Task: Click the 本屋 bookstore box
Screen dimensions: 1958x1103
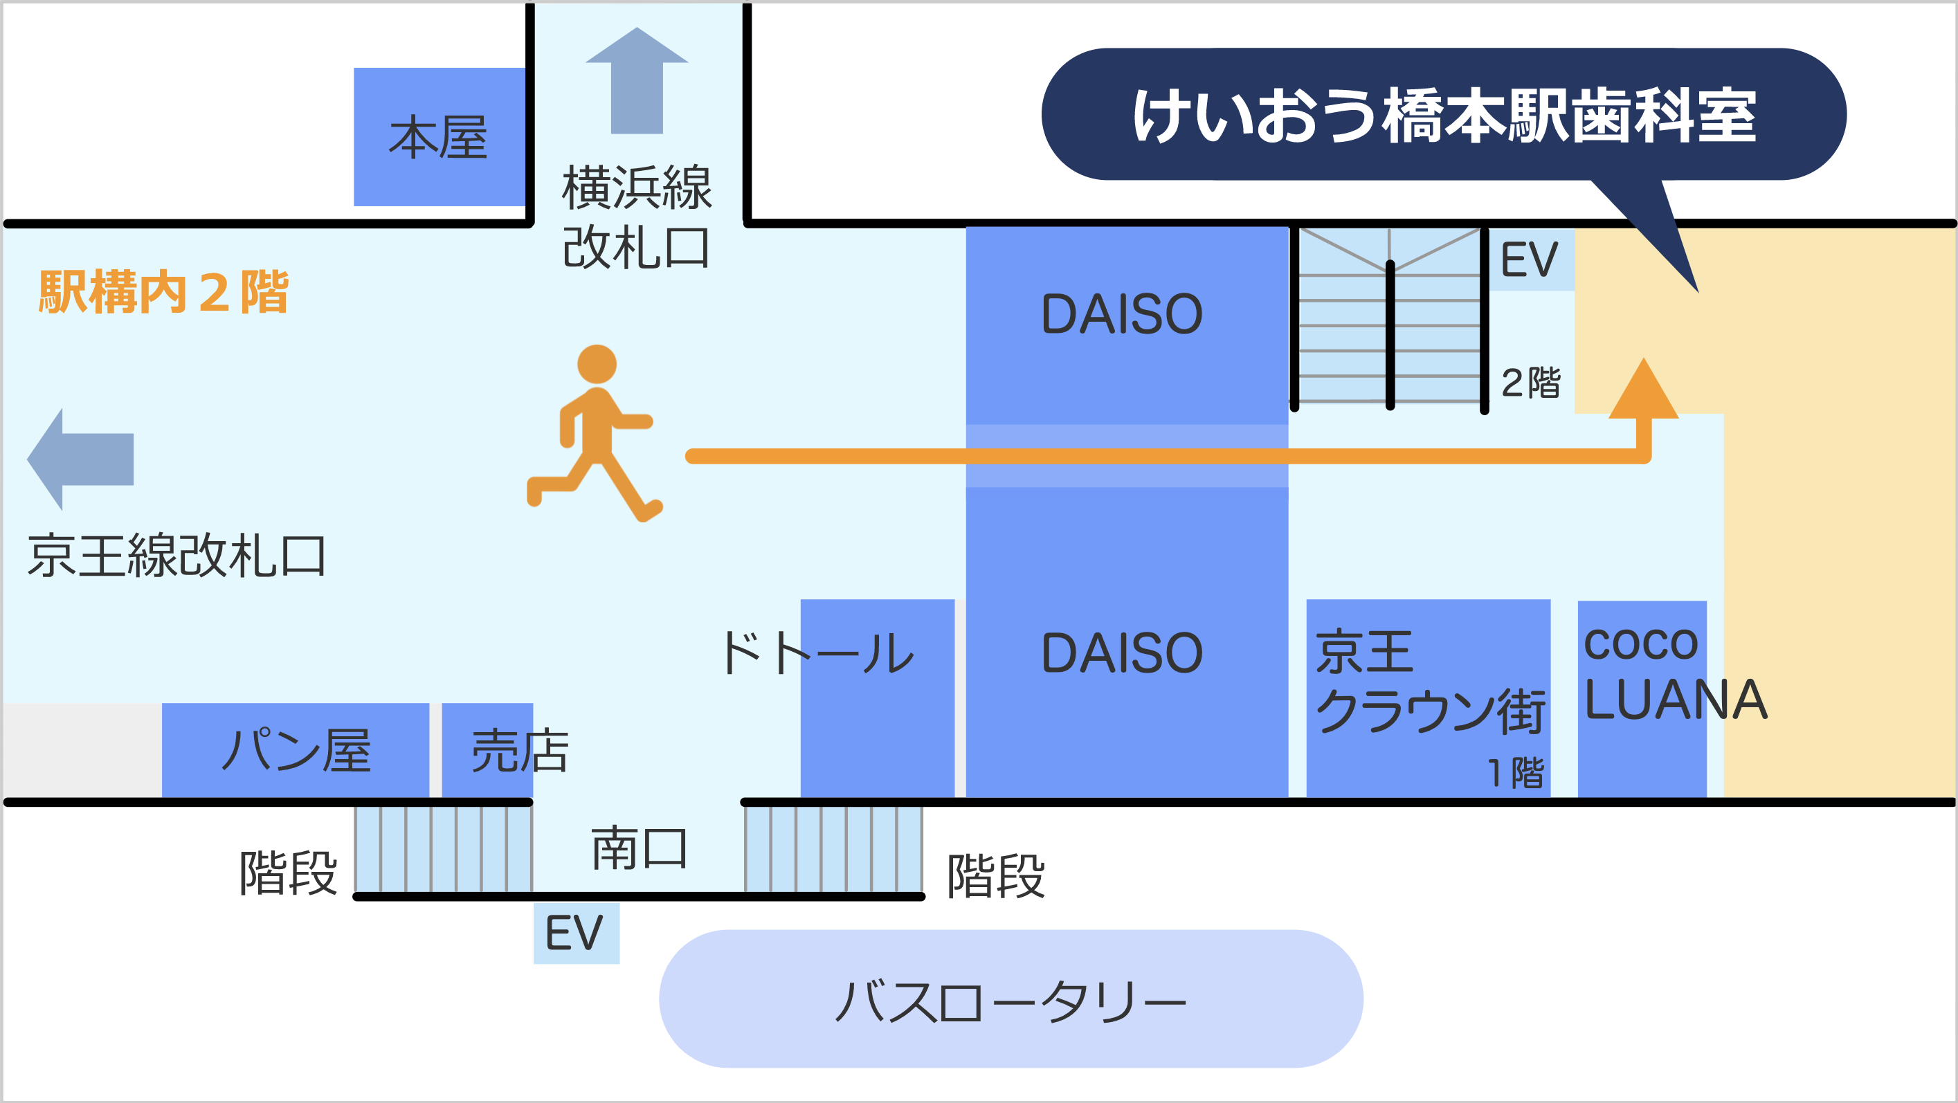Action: pyautogui.click(x=439, y=137)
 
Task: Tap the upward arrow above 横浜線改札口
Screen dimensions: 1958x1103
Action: pyautogui.click(x=637, y=80)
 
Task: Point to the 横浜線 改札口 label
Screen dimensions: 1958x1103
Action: pyautogui.click(x=637, y=217)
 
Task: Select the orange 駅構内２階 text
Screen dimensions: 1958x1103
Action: pyautogui.click(x=163, y=291)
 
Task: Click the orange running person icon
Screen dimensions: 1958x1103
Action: pyautogui.click(x=595, y=433)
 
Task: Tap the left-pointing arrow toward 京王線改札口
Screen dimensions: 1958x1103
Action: pyautogui.click(x=80, y=459)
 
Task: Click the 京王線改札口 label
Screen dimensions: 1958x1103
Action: pyautogui.click(x=177, y=556)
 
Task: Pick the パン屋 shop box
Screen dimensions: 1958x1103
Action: pyautogui.click(x=296, y=750)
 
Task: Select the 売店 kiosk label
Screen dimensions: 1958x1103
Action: pyautogui.click(x=520, y=750)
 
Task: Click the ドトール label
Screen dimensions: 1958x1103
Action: pyautogui.click(x=817, y=653)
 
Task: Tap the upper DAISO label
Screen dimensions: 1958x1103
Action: pyautogui.click(x=1122, y=314)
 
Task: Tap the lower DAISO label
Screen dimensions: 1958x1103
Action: pyautogui.click(x=1122, y=653)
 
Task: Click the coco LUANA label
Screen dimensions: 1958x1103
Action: pyautogui.click(x=1675, y=673)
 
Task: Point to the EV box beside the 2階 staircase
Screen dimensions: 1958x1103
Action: pyautogui.click(x=1531, y=259)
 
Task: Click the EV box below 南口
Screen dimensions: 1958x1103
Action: pyautogui.click(x=576, y=933)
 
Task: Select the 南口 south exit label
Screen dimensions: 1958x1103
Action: pyautogui.click(x=640, y=848)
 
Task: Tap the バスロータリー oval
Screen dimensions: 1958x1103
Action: pyautogui.click(x=1011, y=999)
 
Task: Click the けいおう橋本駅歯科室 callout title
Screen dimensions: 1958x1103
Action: pyautogui.click(x=1444, y=115)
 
